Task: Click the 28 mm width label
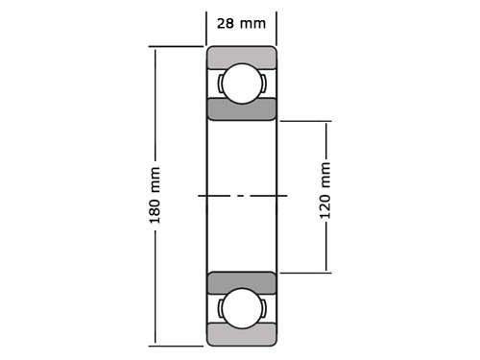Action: pos(241,23)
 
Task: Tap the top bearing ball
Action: pos(241,83)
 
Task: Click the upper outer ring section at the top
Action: pos(241,56)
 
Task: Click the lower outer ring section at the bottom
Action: pos(241,334)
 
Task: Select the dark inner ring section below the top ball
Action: pos(241,108)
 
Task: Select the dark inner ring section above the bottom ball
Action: pos(241,282)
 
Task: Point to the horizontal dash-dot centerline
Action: pos(242,196)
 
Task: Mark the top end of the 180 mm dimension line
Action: pos(155,48)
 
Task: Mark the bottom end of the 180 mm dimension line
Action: pos(155,343)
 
